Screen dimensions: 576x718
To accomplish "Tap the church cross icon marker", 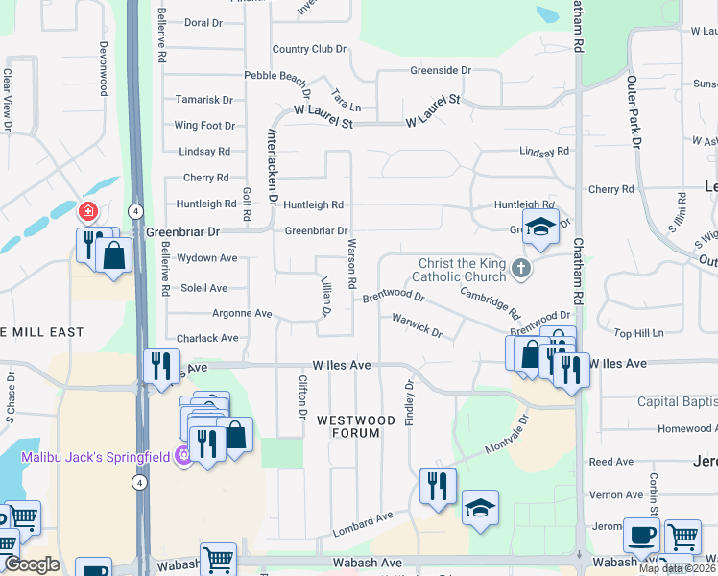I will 521,268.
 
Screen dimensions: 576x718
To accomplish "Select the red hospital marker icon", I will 87,211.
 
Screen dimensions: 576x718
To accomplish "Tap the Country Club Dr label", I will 308,49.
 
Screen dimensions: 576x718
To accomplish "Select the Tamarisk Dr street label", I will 203,100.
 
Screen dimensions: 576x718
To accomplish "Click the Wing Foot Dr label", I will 204,125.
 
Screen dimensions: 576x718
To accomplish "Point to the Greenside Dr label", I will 441,70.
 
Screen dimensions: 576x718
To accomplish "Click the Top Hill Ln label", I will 638,333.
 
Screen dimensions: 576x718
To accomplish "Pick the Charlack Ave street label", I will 207,338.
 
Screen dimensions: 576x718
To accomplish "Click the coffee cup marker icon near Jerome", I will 641,534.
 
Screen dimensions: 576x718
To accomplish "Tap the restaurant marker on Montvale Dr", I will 438,485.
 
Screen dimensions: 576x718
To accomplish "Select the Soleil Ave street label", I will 204,288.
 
